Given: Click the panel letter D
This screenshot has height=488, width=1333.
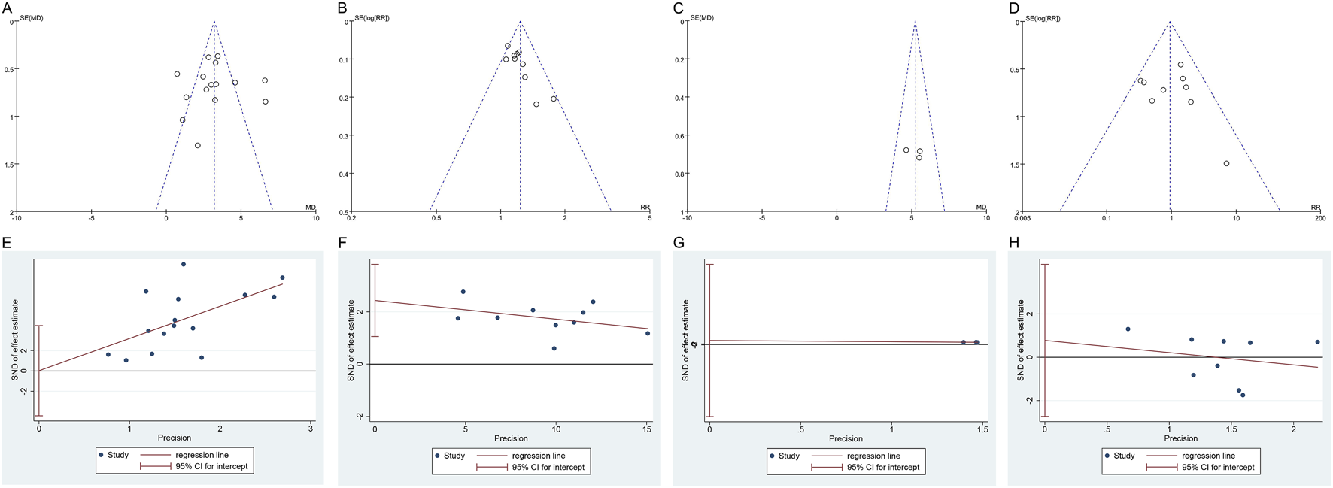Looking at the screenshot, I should point(1013,8).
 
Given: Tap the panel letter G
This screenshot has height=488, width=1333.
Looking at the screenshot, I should point(679,243).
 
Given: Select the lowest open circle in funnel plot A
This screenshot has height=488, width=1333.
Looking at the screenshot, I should point(198,146).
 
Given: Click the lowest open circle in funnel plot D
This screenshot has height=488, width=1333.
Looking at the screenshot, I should point(1226,163).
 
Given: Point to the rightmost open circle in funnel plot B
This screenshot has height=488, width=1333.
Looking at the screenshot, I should point(554,99).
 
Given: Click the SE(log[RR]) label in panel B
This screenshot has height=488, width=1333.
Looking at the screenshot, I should point(372,18).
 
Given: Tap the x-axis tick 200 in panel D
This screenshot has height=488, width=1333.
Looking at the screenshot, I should point(1320,218).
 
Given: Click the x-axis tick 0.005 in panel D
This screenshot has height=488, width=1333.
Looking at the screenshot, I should point(1022,218).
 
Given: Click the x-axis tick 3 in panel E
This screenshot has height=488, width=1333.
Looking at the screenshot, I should point(311,429).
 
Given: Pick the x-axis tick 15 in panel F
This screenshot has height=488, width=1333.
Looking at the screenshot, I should point(647,429).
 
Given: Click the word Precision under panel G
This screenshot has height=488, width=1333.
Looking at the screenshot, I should point(846,438).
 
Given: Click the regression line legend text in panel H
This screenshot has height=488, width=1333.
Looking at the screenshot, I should point(1208,456).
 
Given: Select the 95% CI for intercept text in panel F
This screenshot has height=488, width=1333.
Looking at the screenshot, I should point(548,467).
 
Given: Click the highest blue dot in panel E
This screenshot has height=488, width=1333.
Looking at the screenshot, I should point(183,265).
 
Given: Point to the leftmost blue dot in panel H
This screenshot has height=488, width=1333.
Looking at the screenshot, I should point(1128,329).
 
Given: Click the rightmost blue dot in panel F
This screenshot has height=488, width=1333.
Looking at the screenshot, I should point(648,333).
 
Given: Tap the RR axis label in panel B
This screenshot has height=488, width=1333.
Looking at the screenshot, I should point(645,208).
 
